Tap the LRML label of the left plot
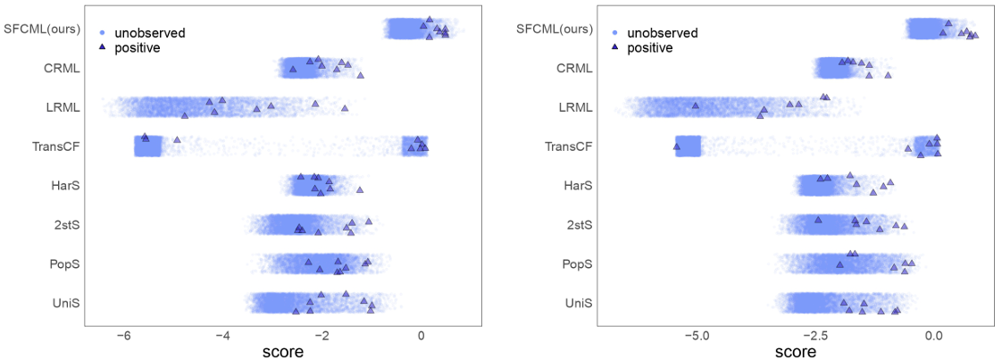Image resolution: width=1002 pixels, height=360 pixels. pyautogui.click(x=63, y=108)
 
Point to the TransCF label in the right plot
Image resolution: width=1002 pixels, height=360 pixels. pyautogui.click(x=568, y=147)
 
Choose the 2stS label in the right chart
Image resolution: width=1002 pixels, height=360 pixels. pyautogui.click(x=579, y=225)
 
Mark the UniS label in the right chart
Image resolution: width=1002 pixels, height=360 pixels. pyautogui.click(x=578, y=304)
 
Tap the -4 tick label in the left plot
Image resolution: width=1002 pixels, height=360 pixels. pyautogui.click(x=223, y=336)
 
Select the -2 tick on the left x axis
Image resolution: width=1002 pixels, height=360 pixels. pyautogui.click(x=322, y=336)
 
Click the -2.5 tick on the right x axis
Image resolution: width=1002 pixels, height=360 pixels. pyautogui.click(x=814, y=336)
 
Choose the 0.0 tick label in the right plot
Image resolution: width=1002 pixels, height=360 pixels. pyautogui.click(x=934, y=336)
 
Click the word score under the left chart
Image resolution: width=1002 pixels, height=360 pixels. pyautogui.click(x=283, y=352)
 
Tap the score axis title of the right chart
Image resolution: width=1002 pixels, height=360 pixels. pyautogui.click(x=795, y=352)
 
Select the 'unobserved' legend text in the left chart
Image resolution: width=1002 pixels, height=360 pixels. pyautogui.click(x=152, y=33)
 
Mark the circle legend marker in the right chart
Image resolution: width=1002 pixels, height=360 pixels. pyautogui.click(x=615, y=33)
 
